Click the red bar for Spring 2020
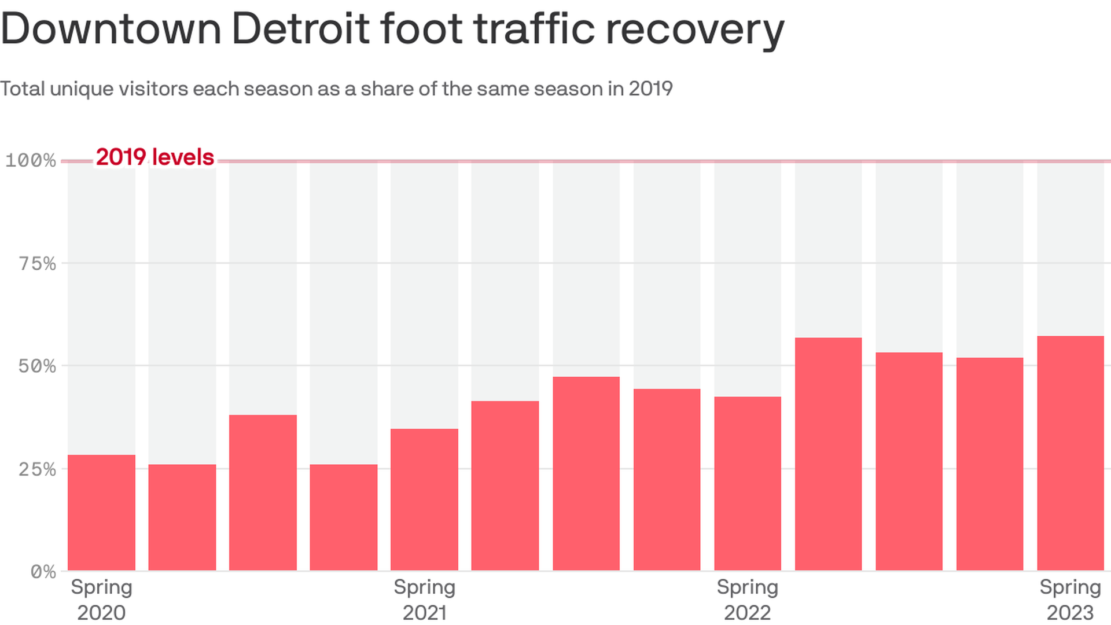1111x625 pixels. (101, 512)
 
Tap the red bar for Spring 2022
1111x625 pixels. (747, 483)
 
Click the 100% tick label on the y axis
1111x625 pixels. (31, 160)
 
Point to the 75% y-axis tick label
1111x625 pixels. (38, 264)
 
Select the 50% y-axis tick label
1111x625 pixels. (38, 366)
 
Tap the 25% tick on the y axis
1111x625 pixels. (38, 469)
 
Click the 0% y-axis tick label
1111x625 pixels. (43, 572)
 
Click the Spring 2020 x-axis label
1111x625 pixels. (101, 600)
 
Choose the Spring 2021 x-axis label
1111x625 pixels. (424, 600)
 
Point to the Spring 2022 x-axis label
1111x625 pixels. (747, 600)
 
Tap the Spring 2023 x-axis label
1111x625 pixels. (1070, 600)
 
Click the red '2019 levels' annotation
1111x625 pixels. (155, 157)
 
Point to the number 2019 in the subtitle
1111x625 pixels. (650, 89)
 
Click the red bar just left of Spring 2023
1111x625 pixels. (989, 464)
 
